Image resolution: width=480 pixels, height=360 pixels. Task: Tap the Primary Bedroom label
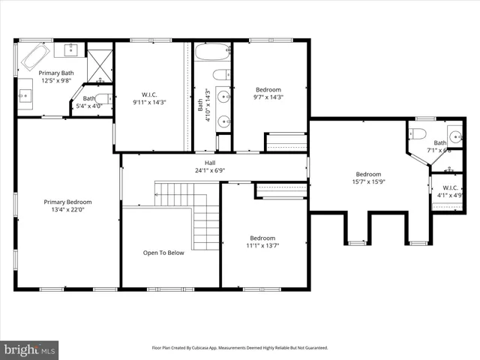(x=67, y=202)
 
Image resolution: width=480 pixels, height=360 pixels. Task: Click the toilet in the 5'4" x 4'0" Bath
(x=103, y=99)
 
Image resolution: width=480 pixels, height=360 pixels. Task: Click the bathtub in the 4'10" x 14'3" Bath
(x=212, y=53)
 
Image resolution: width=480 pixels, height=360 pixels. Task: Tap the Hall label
(x=210, y=162)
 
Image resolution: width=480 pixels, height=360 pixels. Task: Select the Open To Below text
(x=163, y=253)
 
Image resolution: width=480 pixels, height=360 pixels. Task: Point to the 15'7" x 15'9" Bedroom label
(x=367, y=174)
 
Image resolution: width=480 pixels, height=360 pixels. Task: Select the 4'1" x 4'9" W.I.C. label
(x=450, y=187)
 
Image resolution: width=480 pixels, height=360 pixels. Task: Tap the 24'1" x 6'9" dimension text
(x=210, y=170)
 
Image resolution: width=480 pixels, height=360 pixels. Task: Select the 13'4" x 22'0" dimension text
(x=67, y=209)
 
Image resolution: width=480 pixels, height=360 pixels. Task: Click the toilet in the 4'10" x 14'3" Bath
(x=220, y=74)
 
